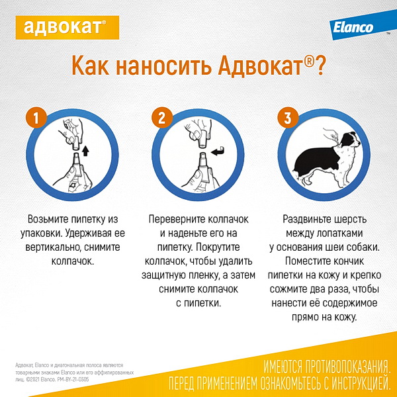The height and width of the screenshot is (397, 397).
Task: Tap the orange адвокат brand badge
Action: (x=67, y=27)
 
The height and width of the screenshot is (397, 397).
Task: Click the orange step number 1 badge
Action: (x=36, y=118)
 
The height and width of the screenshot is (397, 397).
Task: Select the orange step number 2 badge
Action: (x=162, y=118)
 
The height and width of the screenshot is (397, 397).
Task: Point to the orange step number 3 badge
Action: (x=288, y=118)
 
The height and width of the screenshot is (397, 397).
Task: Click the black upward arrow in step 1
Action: (x=86, y=151)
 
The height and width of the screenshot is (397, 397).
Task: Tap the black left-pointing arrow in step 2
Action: (x=217, y=152)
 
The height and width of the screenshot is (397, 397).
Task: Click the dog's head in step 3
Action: (x=351, y=140)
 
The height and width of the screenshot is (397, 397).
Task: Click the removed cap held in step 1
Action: (x=75, y=143)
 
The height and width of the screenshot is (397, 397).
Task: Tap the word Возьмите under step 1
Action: (x=48, y=219)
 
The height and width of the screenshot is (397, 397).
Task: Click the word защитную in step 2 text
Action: (x=163, y=275)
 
